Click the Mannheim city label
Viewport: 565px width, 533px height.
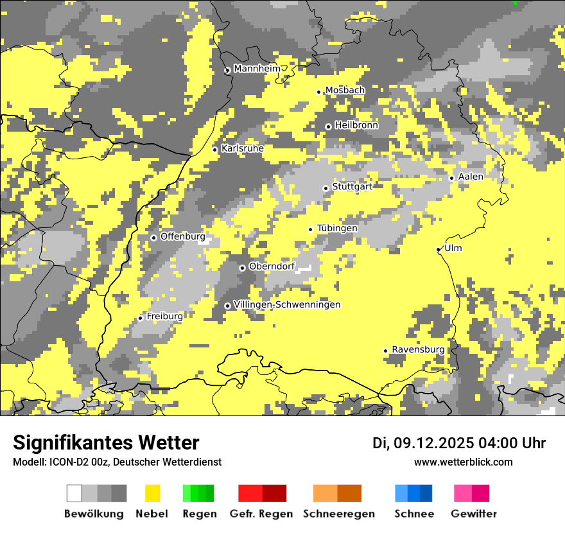coord(257,69)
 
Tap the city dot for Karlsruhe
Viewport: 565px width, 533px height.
coord(215,150)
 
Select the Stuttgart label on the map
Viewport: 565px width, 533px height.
coord(352,186)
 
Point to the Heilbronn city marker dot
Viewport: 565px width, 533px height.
coord(328,127)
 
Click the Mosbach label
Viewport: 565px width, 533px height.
coord(345,91)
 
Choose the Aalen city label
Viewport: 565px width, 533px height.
coord(471,177)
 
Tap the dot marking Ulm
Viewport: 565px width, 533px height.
coord(439,249)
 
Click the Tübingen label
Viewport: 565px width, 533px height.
coord(337,228)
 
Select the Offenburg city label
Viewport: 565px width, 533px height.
coord(182,236)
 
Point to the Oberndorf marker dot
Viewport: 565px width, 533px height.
coord(242,268)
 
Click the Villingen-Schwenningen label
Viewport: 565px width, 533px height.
coord(287,304)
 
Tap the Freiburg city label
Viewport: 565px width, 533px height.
coord(164,317)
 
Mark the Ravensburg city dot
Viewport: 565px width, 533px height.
coord(385,351)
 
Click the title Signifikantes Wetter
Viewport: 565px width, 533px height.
coord(106,443)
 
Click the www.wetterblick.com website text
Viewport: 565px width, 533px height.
coord(463,462)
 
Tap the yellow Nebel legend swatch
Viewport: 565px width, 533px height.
coord(153,493)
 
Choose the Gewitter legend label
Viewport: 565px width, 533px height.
coord(473,514)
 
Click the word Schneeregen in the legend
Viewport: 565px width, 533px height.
coord(338,514)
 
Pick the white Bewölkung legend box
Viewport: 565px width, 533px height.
coord(74,493)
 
